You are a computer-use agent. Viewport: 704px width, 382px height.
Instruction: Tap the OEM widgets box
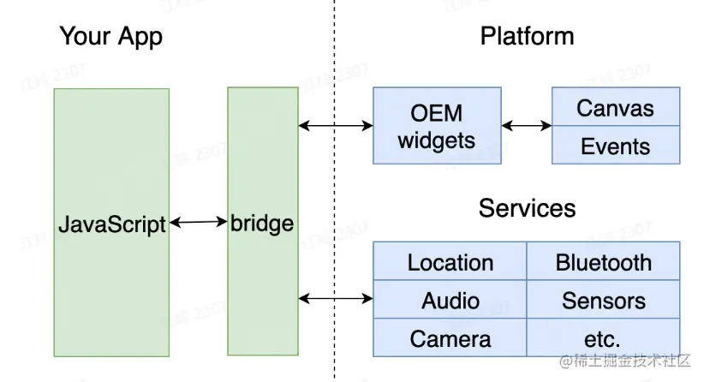tap(436, 125)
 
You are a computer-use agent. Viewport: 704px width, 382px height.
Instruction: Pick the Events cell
tap(615, 145)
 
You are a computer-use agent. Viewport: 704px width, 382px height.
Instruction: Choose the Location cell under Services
tap(450, 261)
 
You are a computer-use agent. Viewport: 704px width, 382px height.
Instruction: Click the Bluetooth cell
tap(603, 261)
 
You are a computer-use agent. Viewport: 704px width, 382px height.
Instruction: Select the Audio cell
tap(450, 300)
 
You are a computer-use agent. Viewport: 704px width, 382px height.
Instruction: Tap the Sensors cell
tap(603, 300)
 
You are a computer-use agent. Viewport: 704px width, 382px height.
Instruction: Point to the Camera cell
tap(450, 337)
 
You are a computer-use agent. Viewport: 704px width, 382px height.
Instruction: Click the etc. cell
tap(603, 337)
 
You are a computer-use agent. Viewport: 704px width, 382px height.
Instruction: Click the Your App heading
tap(110, 37)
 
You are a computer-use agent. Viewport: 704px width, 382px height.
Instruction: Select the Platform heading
tap(527, 37)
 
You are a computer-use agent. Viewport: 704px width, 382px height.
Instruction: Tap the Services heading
tap(527, 208)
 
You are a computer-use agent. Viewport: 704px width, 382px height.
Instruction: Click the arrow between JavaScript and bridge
tap(199, 223)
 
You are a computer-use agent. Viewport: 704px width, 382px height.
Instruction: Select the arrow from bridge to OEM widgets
tap(336, 126)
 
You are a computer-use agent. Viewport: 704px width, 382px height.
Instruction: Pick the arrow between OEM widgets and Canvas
tap(526, 126)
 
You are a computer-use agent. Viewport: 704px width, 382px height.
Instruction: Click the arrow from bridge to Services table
tap(336, 298)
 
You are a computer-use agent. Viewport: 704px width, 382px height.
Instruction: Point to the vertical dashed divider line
tap(334, 188)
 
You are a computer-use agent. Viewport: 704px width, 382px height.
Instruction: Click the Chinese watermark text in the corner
tap(625, 362)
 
